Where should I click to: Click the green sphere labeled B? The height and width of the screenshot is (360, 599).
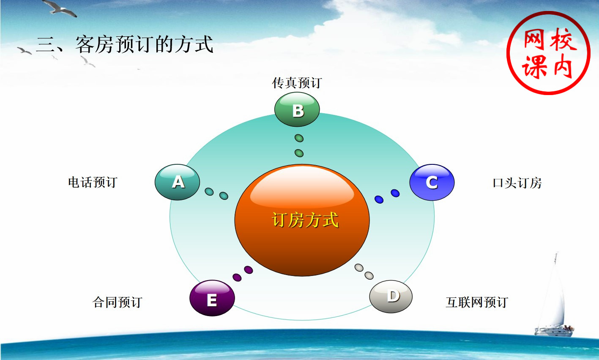(x=297, y=109)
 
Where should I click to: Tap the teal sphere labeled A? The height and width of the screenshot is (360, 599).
(x=177, y=182)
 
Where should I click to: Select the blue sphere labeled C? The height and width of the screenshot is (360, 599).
(x=432, y=182)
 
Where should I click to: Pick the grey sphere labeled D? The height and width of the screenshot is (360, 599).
(x=391, y=296)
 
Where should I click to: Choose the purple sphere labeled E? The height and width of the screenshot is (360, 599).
(x=212, y=298)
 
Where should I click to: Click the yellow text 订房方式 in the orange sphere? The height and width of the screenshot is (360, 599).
(x=305, y=220)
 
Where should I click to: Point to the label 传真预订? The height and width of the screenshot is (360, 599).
(x=297, y=83)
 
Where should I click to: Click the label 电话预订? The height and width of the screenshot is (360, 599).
(x=93, y=182)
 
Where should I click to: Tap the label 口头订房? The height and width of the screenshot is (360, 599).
(x=517, y=183)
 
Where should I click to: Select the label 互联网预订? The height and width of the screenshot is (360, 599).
(x=477, y=302)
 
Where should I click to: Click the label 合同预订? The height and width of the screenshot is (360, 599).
(x=118, y=302)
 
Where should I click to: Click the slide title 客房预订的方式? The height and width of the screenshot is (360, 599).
(x=145, y=44)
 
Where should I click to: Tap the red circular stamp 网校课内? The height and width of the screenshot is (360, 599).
(x=548, y=53)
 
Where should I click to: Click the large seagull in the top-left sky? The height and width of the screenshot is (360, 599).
(x=60, y=8)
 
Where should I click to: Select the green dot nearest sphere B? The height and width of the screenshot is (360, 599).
(x=299, y=138)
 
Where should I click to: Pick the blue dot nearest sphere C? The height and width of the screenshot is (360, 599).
(x=395, y=193)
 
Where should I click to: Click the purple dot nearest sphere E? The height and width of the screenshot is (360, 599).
(x=237, y=278)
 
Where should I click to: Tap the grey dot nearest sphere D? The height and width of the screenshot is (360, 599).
(x=369, y=275)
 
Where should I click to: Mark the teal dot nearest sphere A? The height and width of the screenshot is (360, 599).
(x=209, y=192)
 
